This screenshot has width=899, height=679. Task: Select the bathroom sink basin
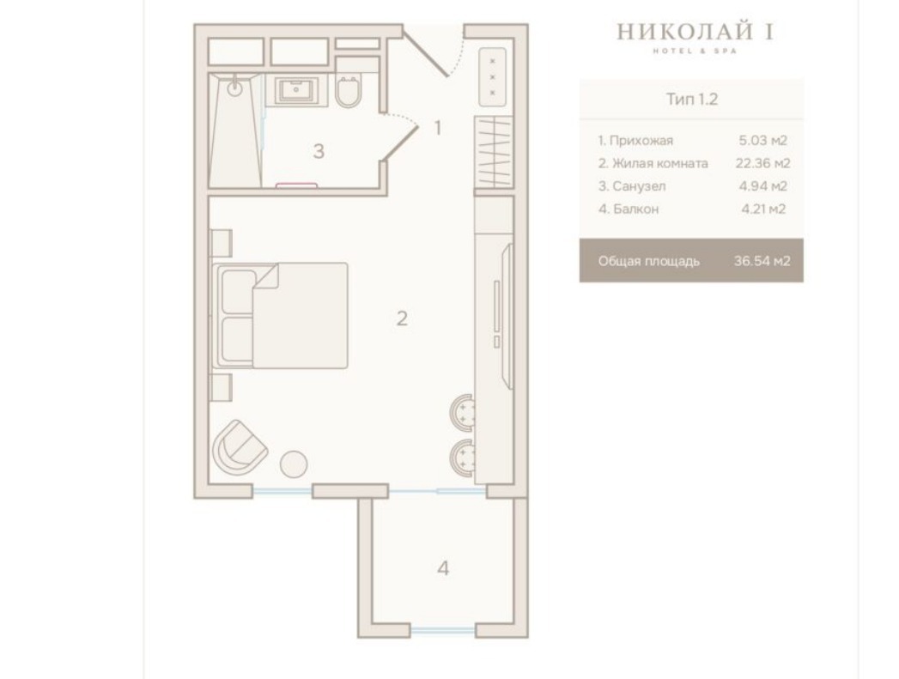(x=296, y=90)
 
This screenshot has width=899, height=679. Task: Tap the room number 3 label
(x=319, y=151)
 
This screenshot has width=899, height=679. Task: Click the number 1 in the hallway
(x=438, y=128)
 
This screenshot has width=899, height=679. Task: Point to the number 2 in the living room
(x=402, y=318)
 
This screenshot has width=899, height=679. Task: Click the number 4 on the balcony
(x=443, y=568)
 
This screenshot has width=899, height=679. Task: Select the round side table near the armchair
(x=294, y=464)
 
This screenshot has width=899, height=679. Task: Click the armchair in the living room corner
(x=240, y=447)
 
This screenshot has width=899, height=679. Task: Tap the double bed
(x=281, y=315)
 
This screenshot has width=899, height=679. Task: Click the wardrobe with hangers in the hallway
(x=494, y=151)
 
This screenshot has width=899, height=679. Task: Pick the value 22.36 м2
(x=762, y=163)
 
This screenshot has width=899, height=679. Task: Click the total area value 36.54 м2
(x=762, y=261)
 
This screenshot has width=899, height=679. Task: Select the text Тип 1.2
(x=692, y=99)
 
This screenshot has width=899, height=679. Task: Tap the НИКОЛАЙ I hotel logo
(x=695, y=35)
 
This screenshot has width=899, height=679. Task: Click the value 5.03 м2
(x=762, y=141)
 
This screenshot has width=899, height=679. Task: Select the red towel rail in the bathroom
(x=296, y=185)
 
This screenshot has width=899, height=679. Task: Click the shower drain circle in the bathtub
(x=235, y=88)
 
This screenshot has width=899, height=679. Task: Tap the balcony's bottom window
(x=442, y=631)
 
